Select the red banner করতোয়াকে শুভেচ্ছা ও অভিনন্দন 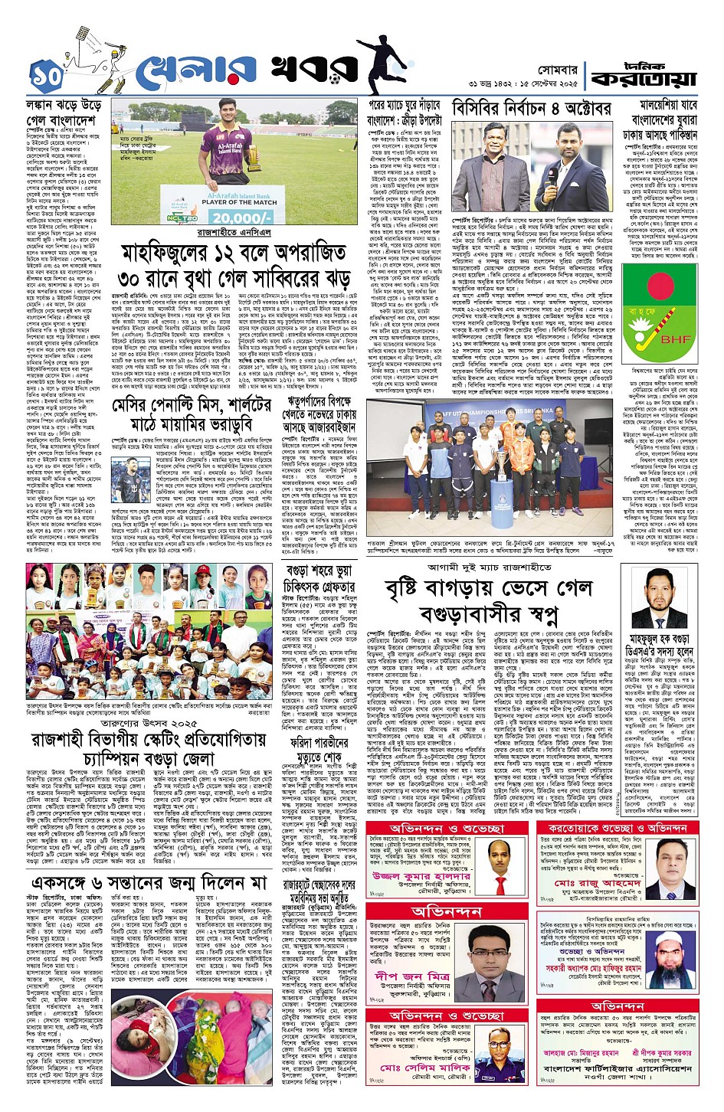(x=617, y=829)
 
